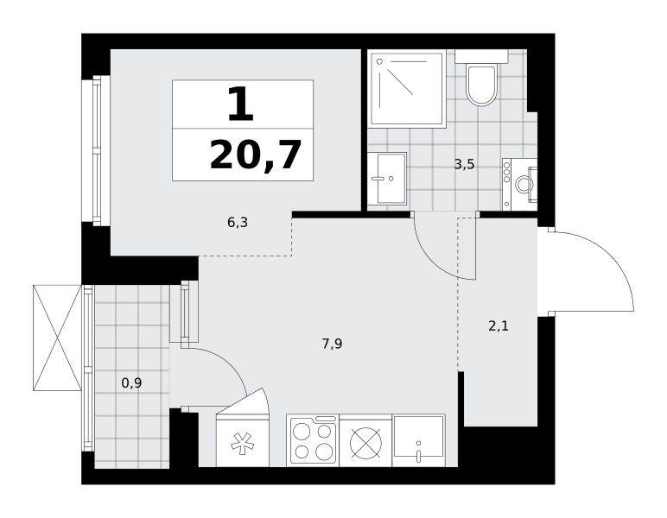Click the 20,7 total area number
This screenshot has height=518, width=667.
pos(256,155)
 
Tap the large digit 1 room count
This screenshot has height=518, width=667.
pos(241,104)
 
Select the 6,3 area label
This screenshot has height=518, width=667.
pos(238,222)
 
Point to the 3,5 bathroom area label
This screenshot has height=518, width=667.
pos(464,164)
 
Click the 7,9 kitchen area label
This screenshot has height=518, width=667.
pos(333,344)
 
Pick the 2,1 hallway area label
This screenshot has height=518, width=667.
pos(499,326)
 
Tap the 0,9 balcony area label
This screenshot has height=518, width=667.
pos(131,383)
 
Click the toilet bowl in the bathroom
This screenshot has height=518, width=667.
pos(481,85)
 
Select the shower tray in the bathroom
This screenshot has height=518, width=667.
pos(408,88)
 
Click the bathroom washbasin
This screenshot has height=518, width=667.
pos(387,179)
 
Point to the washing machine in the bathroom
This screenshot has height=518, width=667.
pos(519,184)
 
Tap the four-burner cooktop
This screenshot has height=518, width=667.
pos(313,440)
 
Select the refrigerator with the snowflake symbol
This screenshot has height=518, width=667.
pos(243,439)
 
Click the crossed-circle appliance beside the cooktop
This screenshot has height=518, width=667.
pos(365,442)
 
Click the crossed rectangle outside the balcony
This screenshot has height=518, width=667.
pos(57,338)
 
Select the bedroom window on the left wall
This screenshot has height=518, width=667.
pos(97,151)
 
